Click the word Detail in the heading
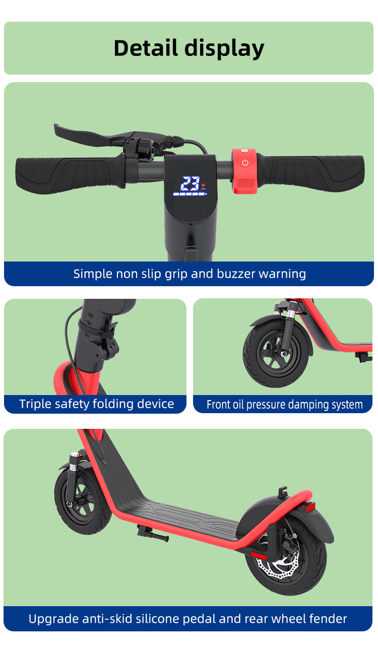(146, 48)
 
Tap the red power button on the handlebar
(245, 163)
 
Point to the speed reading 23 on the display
(190, 183)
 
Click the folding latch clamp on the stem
(109, 339)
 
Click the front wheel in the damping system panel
(276, 354)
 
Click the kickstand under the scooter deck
(153, 534)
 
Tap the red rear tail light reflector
(310, 507)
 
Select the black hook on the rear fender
(282, 492)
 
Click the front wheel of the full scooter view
(83, 501)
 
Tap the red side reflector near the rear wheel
(259, 555)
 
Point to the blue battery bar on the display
(190, 193)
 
